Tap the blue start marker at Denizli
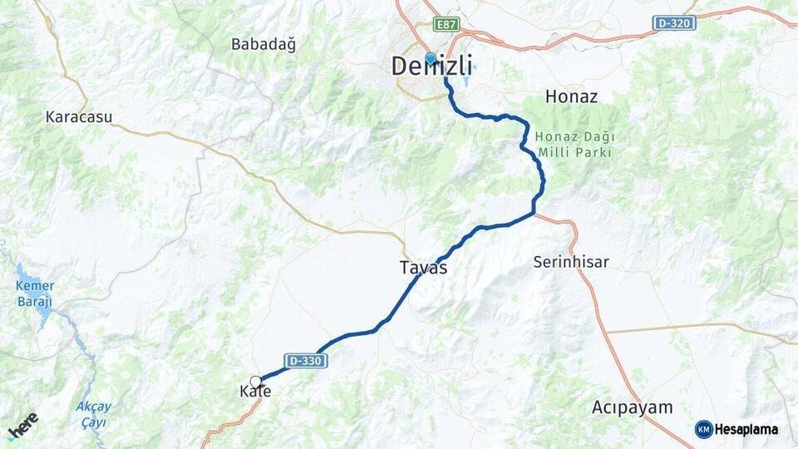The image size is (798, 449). coord(430,58)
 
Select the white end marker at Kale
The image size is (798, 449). coord(256,381)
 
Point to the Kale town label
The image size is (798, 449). coord(255,392)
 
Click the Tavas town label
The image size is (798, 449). coord(423,268)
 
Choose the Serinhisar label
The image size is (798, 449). coord(570,262)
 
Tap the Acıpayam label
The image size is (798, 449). coord(632,407)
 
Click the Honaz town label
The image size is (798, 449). coord(571,96)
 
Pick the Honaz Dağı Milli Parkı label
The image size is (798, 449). coord(574,145)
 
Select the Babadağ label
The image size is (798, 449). coord(264,44)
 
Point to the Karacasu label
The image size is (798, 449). coord(79,117)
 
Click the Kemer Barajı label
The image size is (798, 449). coord(34,294)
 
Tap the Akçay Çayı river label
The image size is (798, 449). coord(93,414)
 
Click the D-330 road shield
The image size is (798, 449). coord(306,361)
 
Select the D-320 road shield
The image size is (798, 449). coord(673,22)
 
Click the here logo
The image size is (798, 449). coord(22,425)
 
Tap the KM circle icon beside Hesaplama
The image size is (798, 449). coord(703,429)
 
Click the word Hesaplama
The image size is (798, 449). coord(746,429)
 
